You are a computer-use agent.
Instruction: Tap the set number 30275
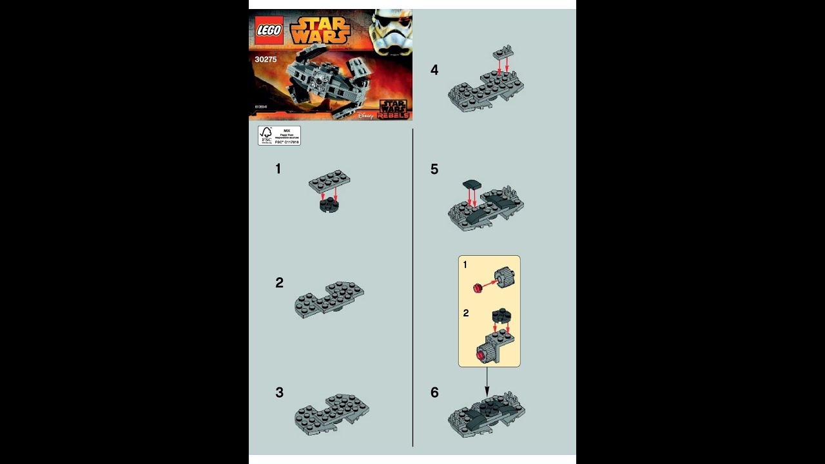coord(266,59)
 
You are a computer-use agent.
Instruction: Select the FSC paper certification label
coord(279,135)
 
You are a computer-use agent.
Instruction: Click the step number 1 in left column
coord(278,169)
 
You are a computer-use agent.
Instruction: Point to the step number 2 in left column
coord(279,283)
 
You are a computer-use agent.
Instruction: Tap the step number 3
coord(279,392)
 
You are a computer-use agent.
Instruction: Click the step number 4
coord(434,70)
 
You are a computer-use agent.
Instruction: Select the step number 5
coord(434,169)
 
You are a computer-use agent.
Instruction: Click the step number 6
coord(434,392)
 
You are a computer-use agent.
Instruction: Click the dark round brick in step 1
coord(329,206)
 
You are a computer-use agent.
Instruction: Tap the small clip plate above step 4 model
coord(503,52)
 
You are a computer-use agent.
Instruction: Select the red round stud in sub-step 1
coord(478,287)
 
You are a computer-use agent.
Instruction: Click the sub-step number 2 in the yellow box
coord(465,313)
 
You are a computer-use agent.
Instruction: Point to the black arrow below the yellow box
coord(487,382)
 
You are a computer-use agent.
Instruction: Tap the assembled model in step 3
coord(332,414)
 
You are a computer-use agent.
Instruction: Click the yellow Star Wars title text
coord(320,30)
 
